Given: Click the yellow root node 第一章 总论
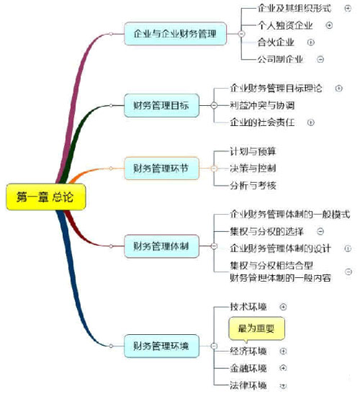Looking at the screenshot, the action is (46, 197).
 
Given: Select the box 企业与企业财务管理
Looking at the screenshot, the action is (175, 34).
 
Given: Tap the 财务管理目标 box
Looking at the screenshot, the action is (161, 105).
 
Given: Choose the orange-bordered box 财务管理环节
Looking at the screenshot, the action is (161, 168).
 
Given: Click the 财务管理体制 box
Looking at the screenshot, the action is (161, 246).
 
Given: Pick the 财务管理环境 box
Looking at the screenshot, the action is (161, 346).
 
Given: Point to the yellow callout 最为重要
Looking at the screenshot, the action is (256, 329).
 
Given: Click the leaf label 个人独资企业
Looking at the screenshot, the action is (285, 25).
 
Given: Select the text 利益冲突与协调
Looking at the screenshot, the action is (262, 105).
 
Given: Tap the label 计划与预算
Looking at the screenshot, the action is (253, 151).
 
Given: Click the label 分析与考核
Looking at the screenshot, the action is (253, 185).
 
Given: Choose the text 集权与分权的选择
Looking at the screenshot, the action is (266, 231).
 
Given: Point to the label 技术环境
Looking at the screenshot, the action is (248, 307).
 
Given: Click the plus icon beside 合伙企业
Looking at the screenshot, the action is (311, 42).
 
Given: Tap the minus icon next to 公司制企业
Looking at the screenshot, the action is (320, 59).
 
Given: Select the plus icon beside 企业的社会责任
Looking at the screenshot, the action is (311, 122).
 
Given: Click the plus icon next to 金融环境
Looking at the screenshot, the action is (283, 368).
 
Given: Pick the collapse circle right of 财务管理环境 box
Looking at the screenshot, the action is (214, 346).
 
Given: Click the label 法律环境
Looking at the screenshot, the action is (248, 385).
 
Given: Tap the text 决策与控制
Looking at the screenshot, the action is (253, 169).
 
